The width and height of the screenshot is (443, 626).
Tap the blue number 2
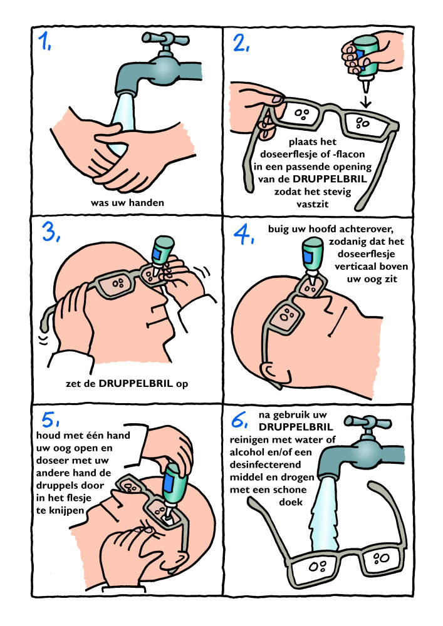click(241, 42)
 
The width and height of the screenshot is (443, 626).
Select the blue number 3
click(50, 232)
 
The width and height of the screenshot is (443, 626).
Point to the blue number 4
click(243, 234)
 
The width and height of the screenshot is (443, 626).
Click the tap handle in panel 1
click(165, 39)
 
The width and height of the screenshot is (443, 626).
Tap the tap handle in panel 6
click(367, 423)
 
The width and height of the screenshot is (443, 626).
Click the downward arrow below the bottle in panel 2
click(366, 100)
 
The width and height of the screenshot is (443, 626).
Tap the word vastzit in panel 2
click(313, 204)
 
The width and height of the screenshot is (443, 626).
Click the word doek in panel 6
click(291, 502)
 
